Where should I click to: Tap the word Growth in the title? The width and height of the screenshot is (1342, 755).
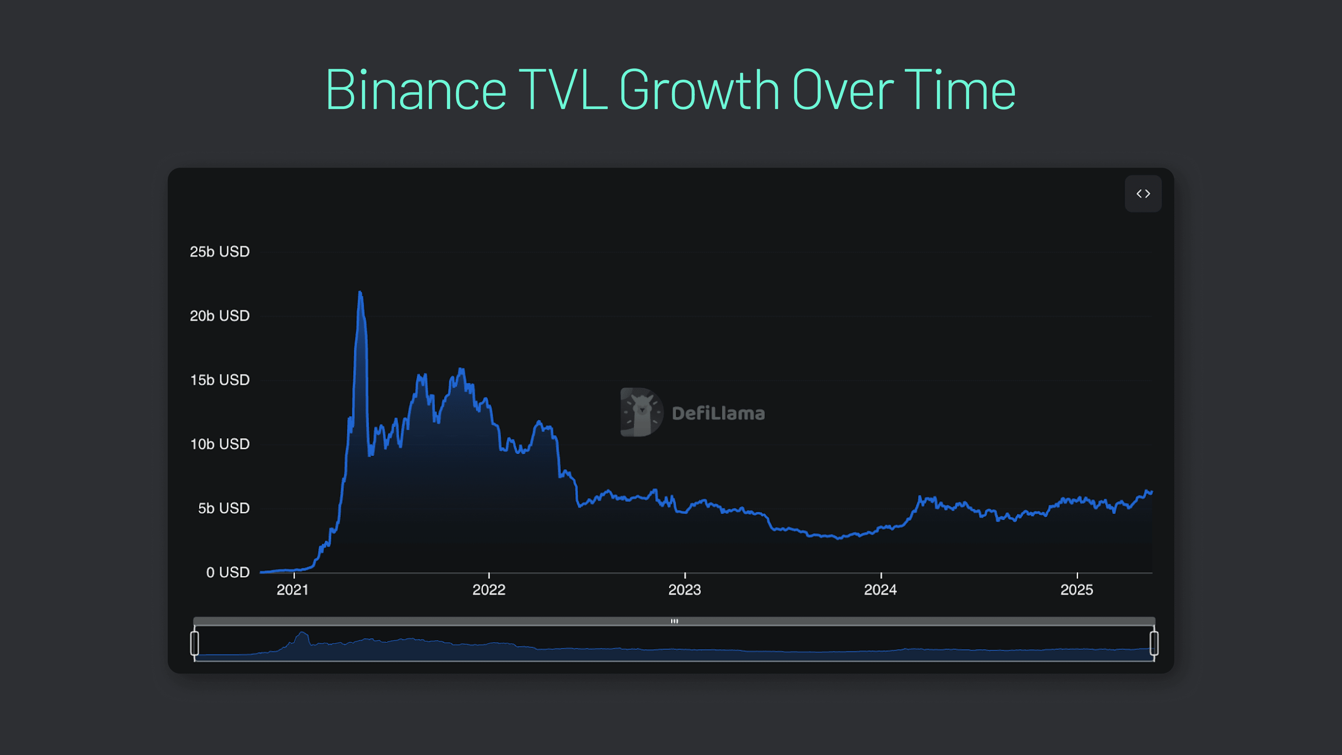pos(699,90)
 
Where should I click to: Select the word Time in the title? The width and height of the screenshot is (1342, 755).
pos(960,90)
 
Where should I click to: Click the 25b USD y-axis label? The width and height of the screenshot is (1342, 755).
pos(219,252)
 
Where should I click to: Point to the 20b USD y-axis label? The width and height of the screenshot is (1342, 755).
pos(219,316)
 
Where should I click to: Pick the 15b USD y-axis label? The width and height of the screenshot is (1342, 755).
pos(219,380)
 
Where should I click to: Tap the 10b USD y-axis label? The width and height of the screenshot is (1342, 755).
pos(219,444)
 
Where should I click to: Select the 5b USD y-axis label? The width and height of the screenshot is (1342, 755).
pos(224,508)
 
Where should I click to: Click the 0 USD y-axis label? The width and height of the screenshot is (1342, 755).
pos(228,572)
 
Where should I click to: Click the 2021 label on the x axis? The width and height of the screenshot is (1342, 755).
pos(293,590)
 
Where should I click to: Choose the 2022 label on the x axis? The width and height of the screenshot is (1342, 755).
pos(489,590)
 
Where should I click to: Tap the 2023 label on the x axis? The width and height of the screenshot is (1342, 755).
pos(685,590)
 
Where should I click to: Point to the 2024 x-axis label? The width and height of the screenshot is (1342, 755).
pos(880,590)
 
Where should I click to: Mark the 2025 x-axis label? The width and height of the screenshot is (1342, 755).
pos(1077,590)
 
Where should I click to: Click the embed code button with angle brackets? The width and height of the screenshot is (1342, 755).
pos(1143,194)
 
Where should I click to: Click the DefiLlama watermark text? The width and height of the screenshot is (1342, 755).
pos(718,413)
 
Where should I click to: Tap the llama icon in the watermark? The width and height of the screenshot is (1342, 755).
pos(641,412)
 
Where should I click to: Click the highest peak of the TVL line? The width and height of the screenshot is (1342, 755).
pos(360,293)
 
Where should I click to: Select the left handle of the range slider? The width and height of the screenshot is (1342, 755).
pos(194,643)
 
